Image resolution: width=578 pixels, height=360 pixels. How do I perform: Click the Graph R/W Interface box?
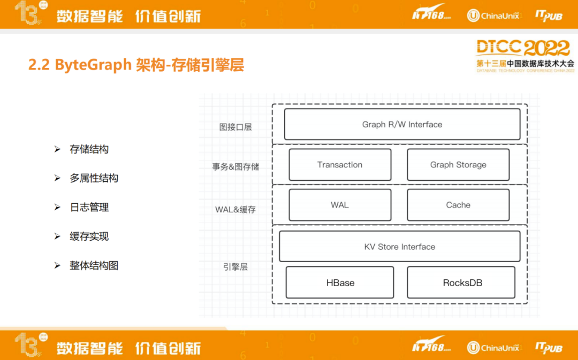[402, 124]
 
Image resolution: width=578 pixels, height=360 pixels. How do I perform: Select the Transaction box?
[340, 165]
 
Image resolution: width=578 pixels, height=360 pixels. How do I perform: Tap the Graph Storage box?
[458, 165]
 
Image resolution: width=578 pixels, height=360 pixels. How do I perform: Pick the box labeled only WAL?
[340, 205]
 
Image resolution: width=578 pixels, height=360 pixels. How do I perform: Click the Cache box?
[458, 205]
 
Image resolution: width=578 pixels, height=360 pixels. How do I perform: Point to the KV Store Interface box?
[400, 246]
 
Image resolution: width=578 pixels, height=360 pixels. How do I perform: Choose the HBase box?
[340, 282]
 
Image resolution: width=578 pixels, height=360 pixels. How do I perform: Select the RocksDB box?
[461, 282]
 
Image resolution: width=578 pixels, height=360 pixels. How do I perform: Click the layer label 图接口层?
[235, 127]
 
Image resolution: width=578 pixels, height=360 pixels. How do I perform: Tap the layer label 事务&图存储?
[235, 167]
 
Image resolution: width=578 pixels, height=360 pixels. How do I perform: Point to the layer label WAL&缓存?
[235, 210]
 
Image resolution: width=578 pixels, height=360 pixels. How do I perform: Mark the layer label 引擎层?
[235, 267]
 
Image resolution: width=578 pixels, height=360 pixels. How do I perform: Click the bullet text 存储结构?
[89, 149]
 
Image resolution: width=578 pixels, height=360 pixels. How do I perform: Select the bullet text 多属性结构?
[94, 178]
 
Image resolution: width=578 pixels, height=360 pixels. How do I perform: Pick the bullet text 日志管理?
[89, 208]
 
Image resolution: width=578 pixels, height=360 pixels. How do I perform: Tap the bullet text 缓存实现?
[89, 236]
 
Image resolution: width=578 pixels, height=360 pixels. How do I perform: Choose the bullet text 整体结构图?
[94, 266]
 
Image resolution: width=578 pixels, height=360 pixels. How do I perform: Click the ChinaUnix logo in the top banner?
[493, 16]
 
